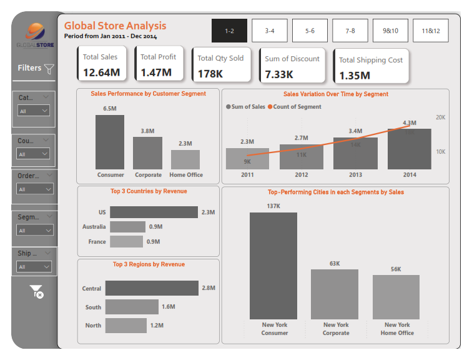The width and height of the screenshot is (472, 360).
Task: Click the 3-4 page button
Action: click(x=270, y=31)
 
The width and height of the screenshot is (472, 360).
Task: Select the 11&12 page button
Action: click(x=430, y=31)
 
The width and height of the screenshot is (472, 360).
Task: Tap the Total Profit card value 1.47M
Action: click(x=156, y=72)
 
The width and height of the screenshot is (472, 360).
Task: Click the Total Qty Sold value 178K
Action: click(x=210, y=74)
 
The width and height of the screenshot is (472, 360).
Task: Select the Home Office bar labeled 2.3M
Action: click(x=185, y=159)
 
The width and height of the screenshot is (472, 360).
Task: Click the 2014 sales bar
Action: click(x=409, y=149)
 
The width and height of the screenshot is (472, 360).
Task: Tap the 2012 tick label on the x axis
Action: click(x=302, y=175)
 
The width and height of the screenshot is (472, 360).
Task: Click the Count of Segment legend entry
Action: click(x=297, y=107)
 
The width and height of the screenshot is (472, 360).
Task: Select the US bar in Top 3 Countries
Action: click(x=154, y=212)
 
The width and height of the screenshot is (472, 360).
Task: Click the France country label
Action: click(x=97, y=242)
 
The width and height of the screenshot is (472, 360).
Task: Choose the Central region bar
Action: click(x=152, y=288)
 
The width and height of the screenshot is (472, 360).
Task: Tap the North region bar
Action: click(x=126, y=325)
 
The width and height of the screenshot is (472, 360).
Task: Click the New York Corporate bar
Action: click(x=335, y=294)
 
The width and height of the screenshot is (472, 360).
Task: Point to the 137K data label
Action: click(x=273, y=206)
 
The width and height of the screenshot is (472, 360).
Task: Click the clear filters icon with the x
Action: click(x=36, y=291)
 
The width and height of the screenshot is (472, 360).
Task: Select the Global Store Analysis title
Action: click(x=116, y=26)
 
